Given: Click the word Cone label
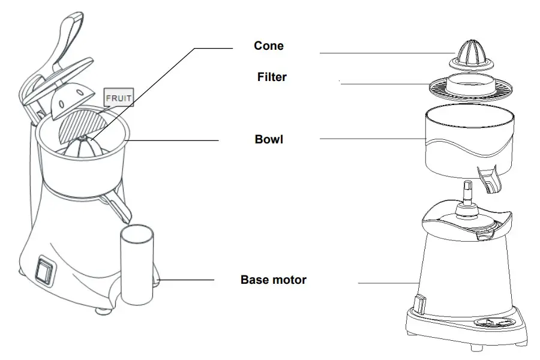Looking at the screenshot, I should pyautogui.click(x=269, y=46).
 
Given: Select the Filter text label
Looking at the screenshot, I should pyautogui.click(x=272, y=77).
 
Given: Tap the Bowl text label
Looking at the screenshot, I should pyautogui.click(x=269, y=140).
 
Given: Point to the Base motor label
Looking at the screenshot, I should pyautogui.click(x=273, y=280).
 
